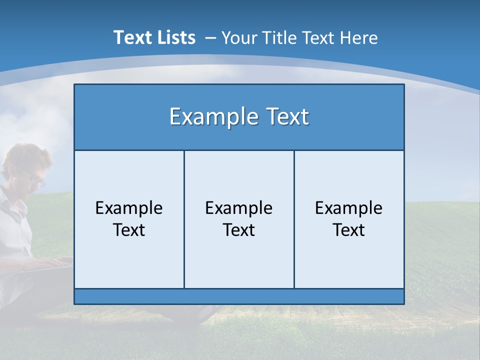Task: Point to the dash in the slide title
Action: pyautogui.click(x=210, y=38)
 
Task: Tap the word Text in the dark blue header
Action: pyautogui.click(x=286, y=117)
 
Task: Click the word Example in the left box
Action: pyautogui.click(x=129, y=208)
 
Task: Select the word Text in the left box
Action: pyautogui.click(x=129, y=230)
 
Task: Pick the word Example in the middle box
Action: pyautogui.click(x=239, y=208)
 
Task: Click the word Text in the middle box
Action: pyautogui.click(x=239, y=230)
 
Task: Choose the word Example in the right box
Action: pyautogui.click(x=349, y=208)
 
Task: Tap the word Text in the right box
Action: pyautogui.click(x=349, y=230)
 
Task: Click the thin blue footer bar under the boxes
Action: pyautogui.click(x=239, y=296)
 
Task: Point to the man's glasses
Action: pyautogui.click(x=35, y=177)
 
